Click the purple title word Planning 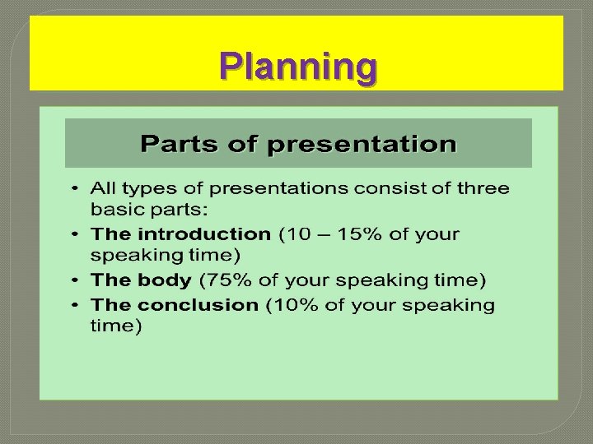[x=298, y=67]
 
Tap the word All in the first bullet [x=105, y=188]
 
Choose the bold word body [x=165, y=280]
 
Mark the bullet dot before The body [x=75, y=280]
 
